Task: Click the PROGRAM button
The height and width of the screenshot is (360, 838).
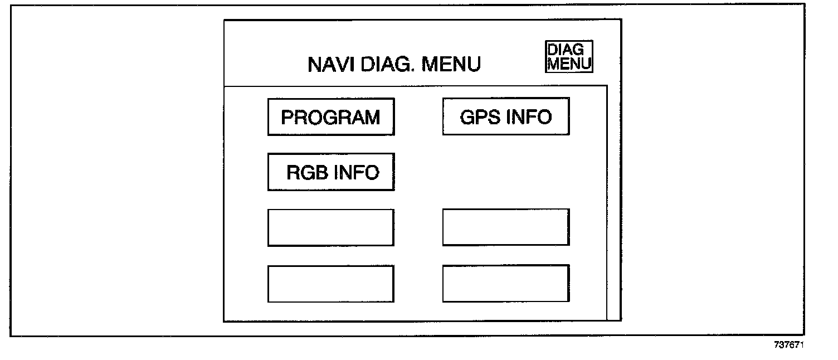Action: tap(330, 117)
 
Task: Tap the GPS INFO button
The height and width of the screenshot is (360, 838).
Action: tap(506, 116)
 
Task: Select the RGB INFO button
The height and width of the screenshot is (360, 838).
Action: tap(330, 172)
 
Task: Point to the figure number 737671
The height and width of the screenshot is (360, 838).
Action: tap(790, 345)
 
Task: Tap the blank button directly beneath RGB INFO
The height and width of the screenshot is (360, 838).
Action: tap(330, 227)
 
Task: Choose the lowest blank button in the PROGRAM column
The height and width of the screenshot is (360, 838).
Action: tap(330, 284)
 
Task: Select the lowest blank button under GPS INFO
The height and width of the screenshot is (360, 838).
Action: tap(506, 284)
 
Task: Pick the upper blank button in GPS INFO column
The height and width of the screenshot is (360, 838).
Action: tap(506, 227)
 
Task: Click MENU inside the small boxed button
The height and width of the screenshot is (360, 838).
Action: tap(569, 64)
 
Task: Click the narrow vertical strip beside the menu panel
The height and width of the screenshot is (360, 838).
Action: tap(613, 203)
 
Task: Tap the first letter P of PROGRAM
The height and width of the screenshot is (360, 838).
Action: tap(287, 118)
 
